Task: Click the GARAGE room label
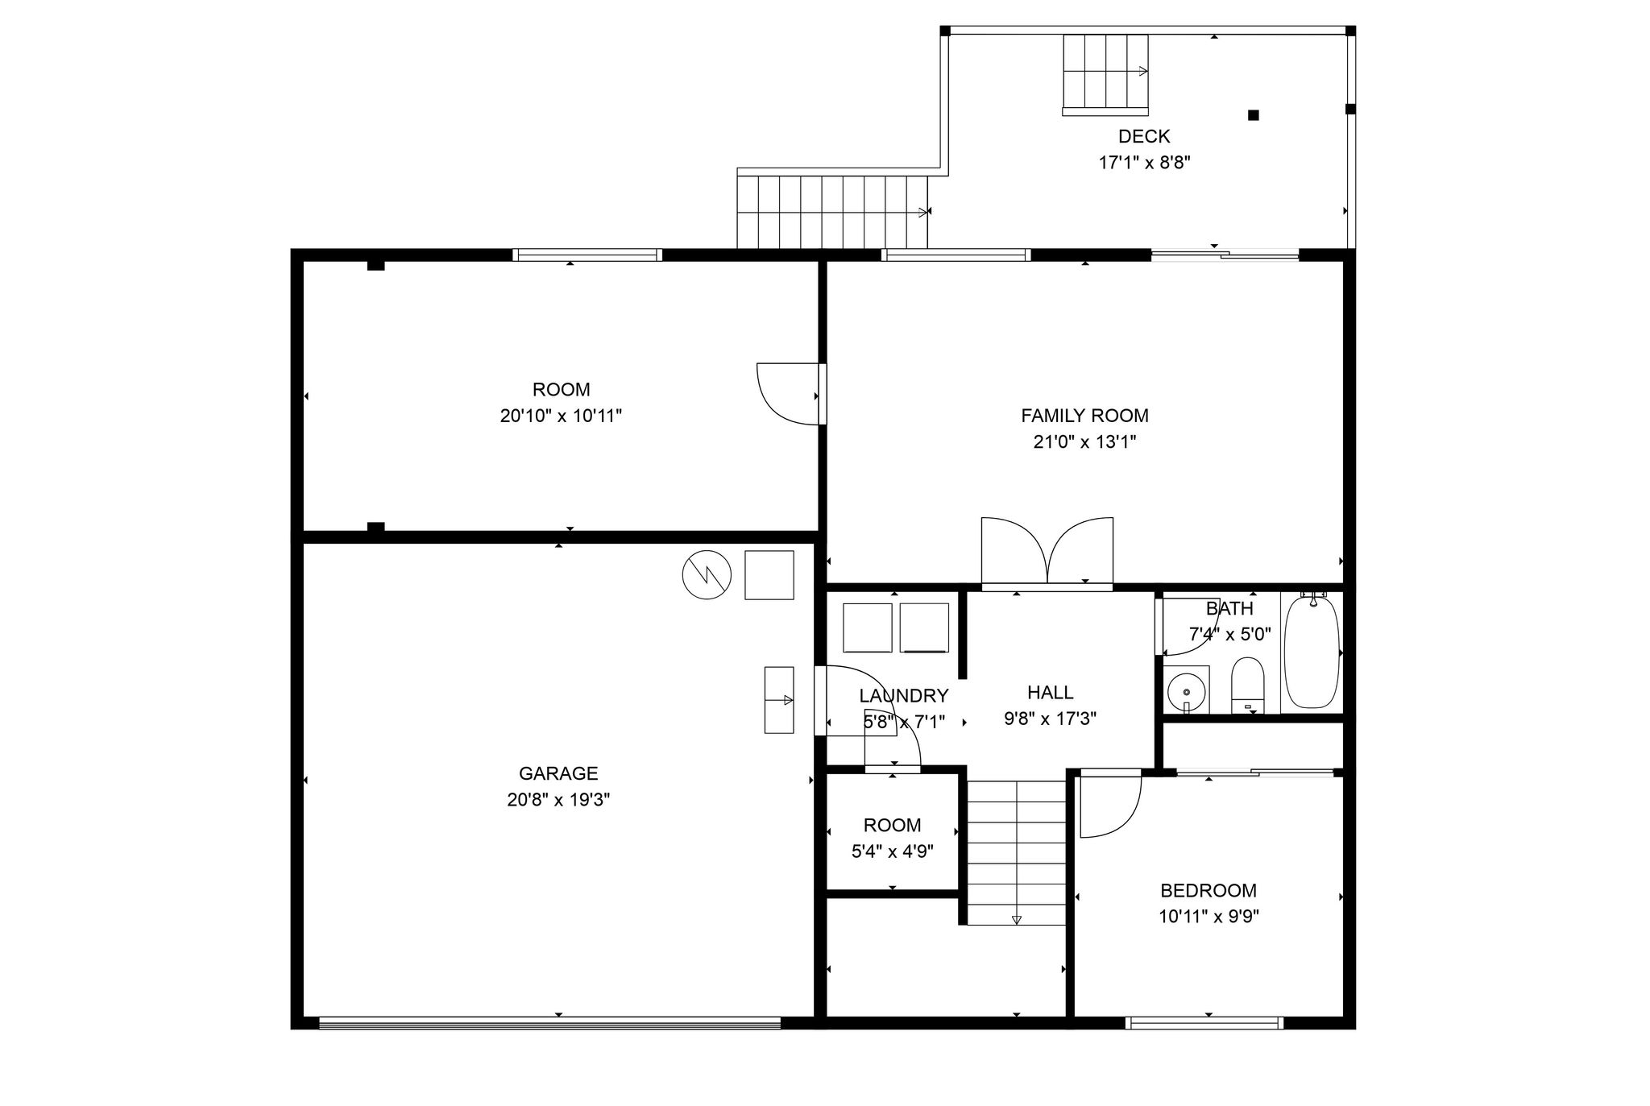tap(558, 773)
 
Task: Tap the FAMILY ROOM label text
tap(1084, 416)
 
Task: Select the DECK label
tap(1144, 136)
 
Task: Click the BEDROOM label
tap(1208, 890)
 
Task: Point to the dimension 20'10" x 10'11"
tap(562, 416)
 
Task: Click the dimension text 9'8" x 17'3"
tap(1051, 719)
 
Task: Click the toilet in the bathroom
tap(1248, 685)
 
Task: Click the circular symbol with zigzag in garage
tap(707, 575)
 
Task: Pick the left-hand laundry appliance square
tap(868, 628)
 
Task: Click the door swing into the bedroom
tap(1110, 805)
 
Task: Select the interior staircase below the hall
tap(1017, 852)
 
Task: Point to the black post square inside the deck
tap(1254, 115)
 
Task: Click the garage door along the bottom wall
tap(550, 1023)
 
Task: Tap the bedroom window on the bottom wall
tap(1204, 1023)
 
